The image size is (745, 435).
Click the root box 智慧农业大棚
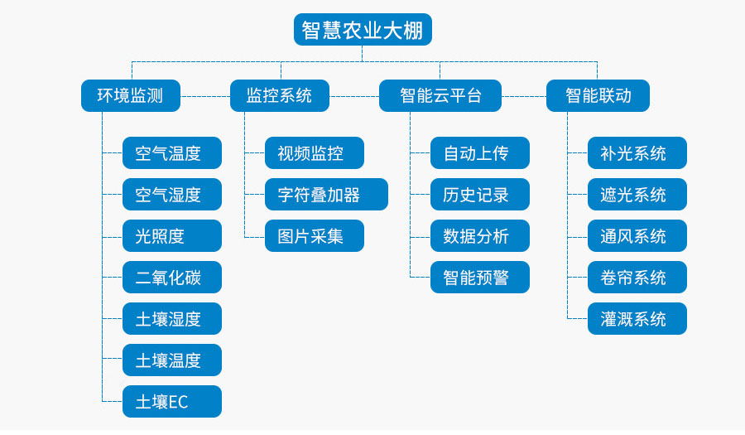coord(363,30)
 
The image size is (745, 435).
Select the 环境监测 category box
coord(130,95)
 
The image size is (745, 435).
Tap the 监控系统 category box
coord(279,95)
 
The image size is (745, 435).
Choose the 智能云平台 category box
coord(440,95)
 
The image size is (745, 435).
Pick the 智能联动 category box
coord(598,95)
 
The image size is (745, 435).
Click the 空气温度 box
coord(172,153)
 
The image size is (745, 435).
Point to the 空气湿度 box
coord(172,195)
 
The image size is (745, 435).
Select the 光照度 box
coord(172,236)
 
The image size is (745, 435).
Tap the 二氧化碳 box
coord(172,278)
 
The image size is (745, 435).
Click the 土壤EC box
coord(172,402)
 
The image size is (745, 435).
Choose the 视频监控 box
coord(315,153)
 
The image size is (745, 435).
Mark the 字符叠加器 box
coord(326,195)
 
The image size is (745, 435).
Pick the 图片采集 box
coord(315,236)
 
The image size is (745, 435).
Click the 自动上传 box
coord(480,153)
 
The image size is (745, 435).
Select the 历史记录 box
coord(480,195)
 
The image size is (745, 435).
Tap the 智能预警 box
coord(480,278)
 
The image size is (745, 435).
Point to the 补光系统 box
coord(637,153)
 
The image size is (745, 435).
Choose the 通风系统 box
coord(637,236)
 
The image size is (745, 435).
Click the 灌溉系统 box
coord(637,319)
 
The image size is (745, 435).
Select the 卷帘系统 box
coord(637,278)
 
